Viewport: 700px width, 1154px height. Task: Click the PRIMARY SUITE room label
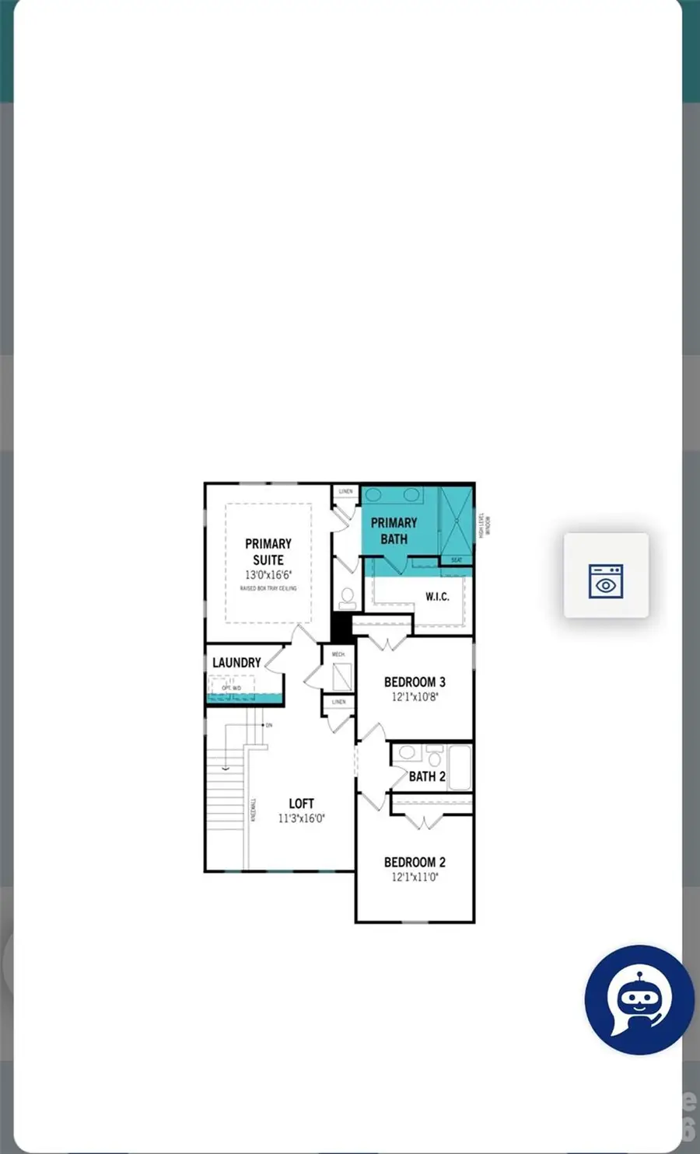click(x=268, y=552)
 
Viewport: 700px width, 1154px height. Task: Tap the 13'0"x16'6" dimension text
click(x=268, y=575)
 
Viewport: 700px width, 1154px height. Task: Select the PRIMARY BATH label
click(x=394, y=531)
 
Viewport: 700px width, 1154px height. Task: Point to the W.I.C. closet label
click(x=437, y=597)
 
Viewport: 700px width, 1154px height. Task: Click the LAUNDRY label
click(x=236, y=663)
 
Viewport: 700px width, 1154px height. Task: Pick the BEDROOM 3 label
click(x=415, y=682)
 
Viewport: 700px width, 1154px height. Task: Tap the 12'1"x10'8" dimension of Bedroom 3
click(x=415, y=697)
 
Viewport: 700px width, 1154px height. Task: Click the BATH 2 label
click(x=427, y=776)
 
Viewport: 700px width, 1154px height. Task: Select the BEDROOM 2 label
click(x=415, y=863)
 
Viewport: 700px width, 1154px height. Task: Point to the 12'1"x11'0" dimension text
click(x=415, y=877)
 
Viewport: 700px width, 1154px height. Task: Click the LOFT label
click(x=301, y=804)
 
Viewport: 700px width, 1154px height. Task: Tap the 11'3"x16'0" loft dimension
click(x=301, y=818)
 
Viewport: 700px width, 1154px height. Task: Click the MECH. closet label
click(x=338, y=654)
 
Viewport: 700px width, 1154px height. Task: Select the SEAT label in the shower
click(x=457, y=560)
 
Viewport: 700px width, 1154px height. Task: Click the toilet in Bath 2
click(x=434, y=755)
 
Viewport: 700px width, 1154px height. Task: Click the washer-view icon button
click(x=606, y=576)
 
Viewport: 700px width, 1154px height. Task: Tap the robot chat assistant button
click(x=639, y=1000)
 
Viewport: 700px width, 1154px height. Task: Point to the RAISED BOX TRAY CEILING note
click(x=268, y=588)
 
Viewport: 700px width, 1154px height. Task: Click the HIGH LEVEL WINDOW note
click(x=484, y=525)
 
